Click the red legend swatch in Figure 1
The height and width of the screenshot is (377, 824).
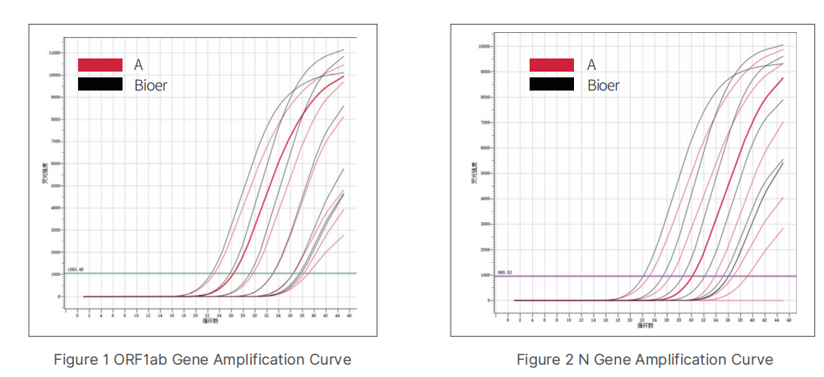pyautogui.click(x=100, y=65)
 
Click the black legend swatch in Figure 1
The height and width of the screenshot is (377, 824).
pyautogui.click(x=100, y=84)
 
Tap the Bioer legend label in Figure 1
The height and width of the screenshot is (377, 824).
pyautogui.click(x=150, y=84)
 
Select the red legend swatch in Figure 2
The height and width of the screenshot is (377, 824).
pyautogui.click(x=551, y=65)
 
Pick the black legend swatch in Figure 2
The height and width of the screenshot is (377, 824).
pyautogui.click(x=551, y=84)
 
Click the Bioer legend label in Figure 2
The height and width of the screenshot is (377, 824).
pyautogui.click(x=604, y=85)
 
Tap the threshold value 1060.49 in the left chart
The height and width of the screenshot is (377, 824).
pyautogui.click(x=76, y=269)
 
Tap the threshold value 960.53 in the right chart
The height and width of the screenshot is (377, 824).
pyautogui.click(x=505, y=272)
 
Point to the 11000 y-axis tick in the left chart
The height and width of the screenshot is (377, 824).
pyautogui.click(x=54, y=53)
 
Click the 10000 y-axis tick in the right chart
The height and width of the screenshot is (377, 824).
pyautogui.click(x=484, y=46)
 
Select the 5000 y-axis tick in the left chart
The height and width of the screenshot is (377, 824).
pyautogui.click(x=56, y=186)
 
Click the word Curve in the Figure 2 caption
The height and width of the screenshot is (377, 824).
pyautogui.click(x=755, y=360)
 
